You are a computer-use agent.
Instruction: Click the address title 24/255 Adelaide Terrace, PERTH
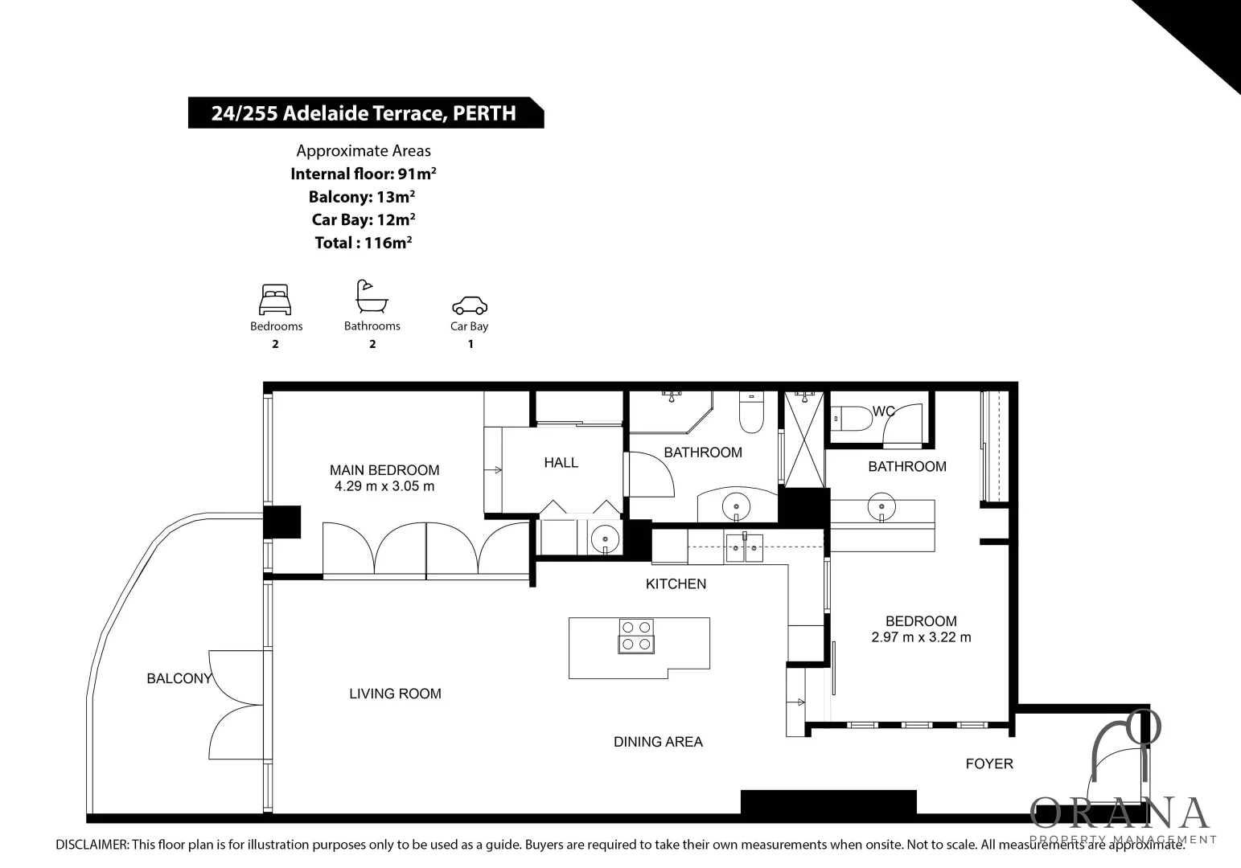(x=364, y=113)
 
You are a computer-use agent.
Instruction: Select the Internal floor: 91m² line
(x=364, y=174)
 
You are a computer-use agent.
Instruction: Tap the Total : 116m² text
(x=364, y=243)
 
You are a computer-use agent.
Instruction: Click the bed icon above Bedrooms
(x=275, y=300)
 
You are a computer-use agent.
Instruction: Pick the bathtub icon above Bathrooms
(x=372, y=297)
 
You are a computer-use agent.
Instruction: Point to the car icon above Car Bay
(x=470, y=305)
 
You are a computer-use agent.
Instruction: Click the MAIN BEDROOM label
(x=384, y=470)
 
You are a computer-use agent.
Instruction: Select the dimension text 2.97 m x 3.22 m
(x=921, y=637)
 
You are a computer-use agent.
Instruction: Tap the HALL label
(x=561, y=462)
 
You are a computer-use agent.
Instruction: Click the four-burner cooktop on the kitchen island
(x=636, y=635)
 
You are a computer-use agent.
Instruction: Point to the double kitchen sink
(x=745, y=550)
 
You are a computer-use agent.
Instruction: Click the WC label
(x=884, y=411)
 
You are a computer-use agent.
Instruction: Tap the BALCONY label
(x=179, y=678)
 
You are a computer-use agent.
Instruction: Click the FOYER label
(x=989, y=764)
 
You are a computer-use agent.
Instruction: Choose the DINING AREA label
(x=658, y=742)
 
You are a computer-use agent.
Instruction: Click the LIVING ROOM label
(x=395, y=694)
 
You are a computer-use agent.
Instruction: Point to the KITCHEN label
(x=676, y=583)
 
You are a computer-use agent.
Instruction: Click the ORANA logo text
(x=1120, y=813)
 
